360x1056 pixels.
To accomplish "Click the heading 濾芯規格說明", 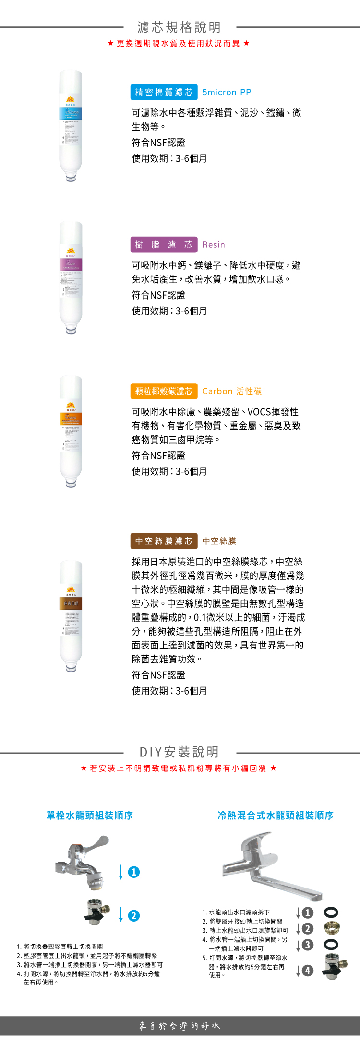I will click(179, 27).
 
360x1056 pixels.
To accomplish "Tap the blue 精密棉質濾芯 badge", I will click(164, 92).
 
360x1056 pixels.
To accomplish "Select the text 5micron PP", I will click(227, 92).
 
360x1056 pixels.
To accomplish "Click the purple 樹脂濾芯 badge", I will click(164, 245).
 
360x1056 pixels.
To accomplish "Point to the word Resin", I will click(214, 245).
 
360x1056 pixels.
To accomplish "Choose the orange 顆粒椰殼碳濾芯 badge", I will click(164, 391).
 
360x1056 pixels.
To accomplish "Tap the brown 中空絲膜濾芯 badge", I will click(164, 541).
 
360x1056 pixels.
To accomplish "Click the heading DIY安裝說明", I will click(179, 752).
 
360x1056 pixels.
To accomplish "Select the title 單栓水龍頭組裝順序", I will click(90, 815).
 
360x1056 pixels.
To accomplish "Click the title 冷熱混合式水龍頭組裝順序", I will click(276, 815).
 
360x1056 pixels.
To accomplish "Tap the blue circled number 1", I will click(134, 872).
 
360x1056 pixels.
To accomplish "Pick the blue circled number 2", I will click(134, 916).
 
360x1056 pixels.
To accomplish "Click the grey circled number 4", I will click(308, 971).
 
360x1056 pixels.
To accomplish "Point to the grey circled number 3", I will click(308, 945).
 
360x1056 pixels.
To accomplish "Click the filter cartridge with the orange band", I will click(71, 432).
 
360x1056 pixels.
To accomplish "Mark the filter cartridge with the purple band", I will click(71, 278).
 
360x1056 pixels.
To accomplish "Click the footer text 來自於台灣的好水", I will click(180, 1026).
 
